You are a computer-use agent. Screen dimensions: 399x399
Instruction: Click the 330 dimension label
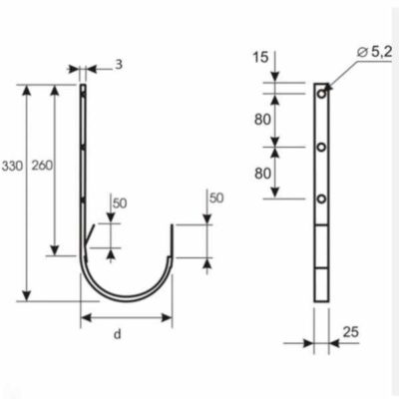click(13, 166)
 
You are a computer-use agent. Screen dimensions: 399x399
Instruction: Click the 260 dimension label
click(42, 166)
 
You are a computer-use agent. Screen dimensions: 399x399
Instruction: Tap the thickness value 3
click(119, 65)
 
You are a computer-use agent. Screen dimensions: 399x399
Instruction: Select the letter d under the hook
click(118, 334)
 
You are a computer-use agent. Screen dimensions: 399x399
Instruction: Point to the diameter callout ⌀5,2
click(374, 52)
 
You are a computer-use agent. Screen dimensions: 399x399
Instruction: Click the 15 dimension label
click(260, 57)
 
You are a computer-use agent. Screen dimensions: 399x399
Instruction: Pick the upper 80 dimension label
click(262, 120)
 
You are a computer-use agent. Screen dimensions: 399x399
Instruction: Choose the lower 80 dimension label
click(262, 174)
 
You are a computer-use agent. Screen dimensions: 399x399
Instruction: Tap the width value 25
click(351, 332)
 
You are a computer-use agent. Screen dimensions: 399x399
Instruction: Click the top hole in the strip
click(321, 94)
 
